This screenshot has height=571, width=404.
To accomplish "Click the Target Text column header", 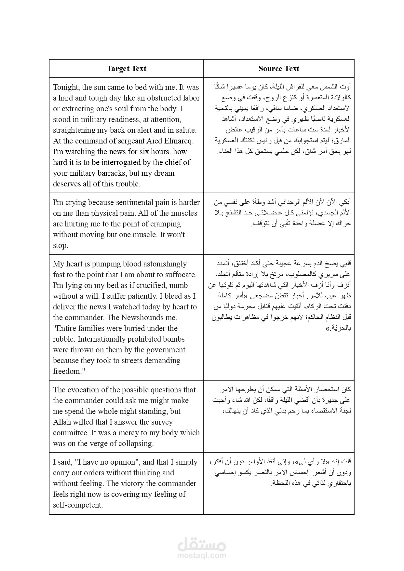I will (x=127, y=69).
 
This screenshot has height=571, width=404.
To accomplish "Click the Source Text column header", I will (x=279, y=69).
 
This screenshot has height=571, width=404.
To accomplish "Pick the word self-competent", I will (x=77, y=505).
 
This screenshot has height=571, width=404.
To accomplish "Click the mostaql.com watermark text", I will (x=202, y=556).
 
